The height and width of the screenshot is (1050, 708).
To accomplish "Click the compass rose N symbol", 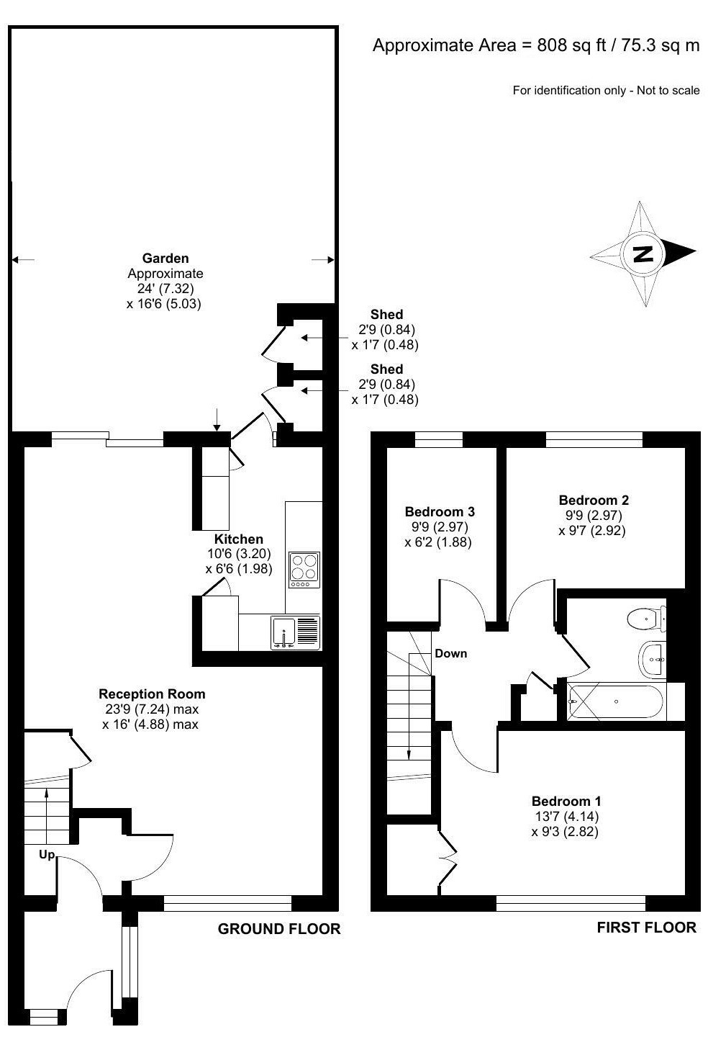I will (642, 253).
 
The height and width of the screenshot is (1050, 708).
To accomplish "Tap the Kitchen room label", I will (238, 539).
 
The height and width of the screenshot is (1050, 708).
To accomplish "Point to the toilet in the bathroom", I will (645, 619).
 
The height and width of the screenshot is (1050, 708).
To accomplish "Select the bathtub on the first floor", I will (617, 701).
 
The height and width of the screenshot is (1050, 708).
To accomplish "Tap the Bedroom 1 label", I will (566, 801).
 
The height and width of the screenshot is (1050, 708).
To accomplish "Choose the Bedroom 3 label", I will (439, 511).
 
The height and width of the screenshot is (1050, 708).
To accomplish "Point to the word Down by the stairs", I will (450, 653).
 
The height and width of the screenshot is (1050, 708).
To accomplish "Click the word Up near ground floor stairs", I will (47, 854).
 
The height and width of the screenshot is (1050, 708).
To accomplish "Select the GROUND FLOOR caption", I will (278, 929).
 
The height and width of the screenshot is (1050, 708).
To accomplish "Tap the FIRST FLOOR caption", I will (646, 927).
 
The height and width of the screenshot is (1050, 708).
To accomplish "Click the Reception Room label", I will (151, 694).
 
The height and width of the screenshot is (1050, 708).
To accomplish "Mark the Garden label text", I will (165, 258).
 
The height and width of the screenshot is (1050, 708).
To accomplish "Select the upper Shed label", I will (386, 314).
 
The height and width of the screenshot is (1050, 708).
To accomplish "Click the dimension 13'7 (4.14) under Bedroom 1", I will (566, 816).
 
